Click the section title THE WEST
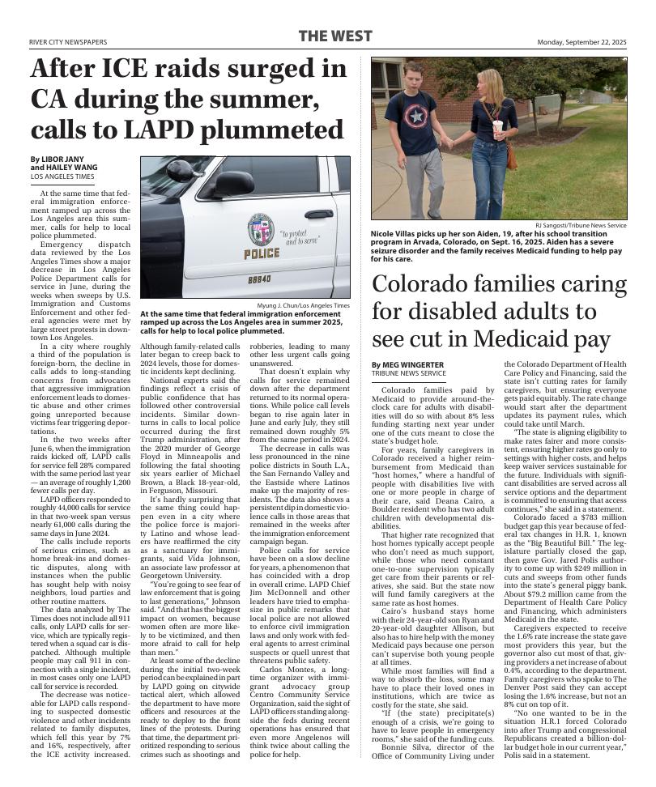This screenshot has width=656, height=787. click(x=335, y=36)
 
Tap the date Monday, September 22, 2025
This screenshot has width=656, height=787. click(x=581, y=42)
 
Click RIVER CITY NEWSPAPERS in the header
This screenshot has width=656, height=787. click(x=68, y=42)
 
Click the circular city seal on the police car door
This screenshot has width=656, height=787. click(x=261, y=229)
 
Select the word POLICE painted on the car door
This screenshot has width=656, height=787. click(x=262, y=253)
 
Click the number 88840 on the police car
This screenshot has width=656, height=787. click(x=259, y=279)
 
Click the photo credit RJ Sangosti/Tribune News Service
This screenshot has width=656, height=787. click(x=580, y=225)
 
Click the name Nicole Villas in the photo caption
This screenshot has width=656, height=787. click(x=395, y=234)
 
